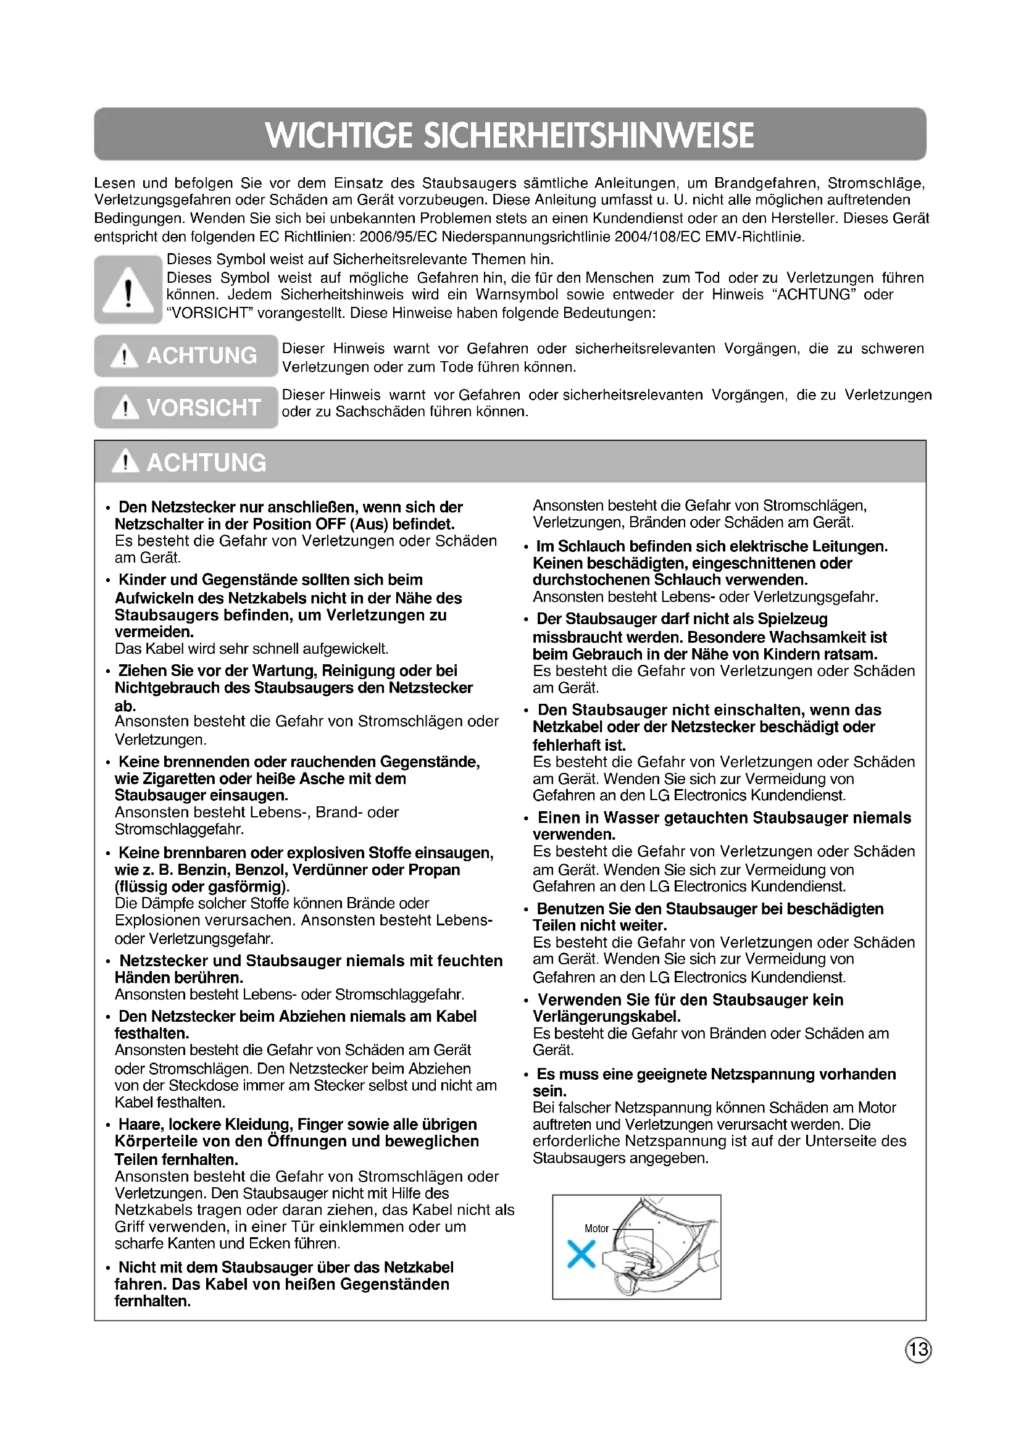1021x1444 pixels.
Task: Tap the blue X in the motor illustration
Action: click(581, 1253)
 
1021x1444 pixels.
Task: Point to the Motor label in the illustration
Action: click(596, 1229)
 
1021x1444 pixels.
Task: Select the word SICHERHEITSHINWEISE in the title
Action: click(589, 135)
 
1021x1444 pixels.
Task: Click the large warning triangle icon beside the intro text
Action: click(128, 291)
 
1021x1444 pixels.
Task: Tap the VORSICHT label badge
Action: click(186, 407)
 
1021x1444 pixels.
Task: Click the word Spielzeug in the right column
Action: click(792, 619)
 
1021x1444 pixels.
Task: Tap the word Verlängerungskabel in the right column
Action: click(606, 1017)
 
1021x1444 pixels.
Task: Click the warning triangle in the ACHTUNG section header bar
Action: click(127, 462)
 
